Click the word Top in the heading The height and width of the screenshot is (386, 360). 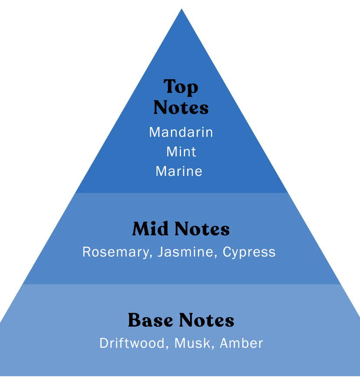(x=181, y=87)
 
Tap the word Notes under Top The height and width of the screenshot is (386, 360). (x=181, y=108)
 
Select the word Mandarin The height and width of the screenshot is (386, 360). (x=181, y=132)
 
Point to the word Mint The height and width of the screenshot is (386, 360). (x=181, y=151)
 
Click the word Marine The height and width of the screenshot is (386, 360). (x=179, y=171)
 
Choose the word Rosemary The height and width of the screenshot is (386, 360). (x=116, y=252)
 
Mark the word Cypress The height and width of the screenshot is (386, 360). (x=249, y=252)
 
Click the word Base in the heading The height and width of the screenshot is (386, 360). (x=151, y=321)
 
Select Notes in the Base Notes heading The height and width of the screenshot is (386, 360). (x=207, y=321)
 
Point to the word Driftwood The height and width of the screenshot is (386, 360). (x=132, y=343)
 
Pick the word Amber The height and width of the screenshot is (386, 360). (x=241, y=343)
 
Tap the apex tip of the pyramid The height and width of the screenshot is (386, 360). (x=181, y=9)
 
